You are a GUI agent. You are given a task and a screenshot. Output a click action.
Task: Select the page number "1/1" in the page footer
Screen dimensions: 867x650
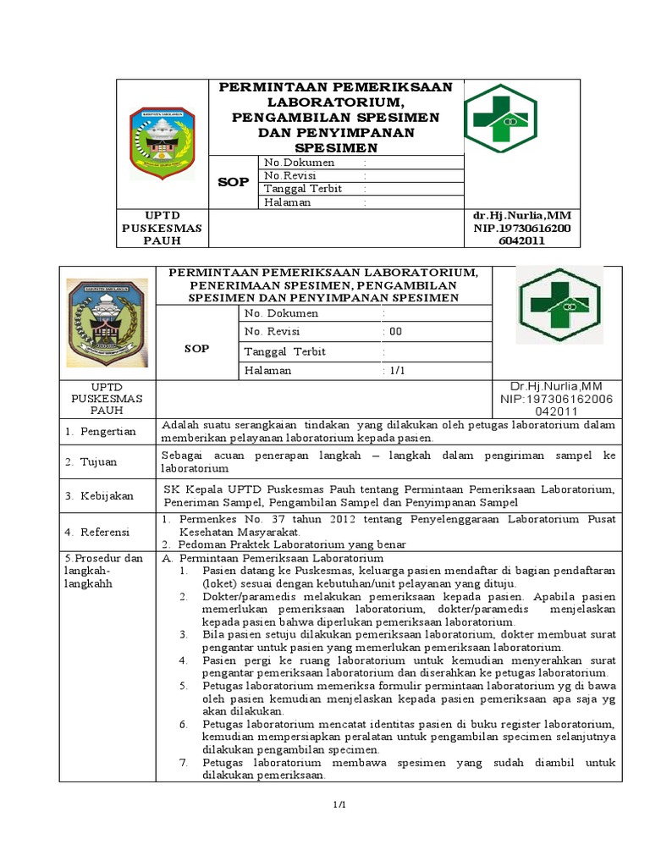(x=339, y=804)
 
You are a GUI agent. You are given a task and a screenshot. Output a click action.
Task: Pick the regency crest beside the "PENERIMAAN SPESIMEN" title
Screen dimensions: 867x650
(x=107, y=322)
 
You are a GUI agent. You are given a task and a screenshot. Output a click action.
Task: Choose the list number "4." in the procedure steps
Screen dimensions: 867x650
(x=183, y=660)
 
